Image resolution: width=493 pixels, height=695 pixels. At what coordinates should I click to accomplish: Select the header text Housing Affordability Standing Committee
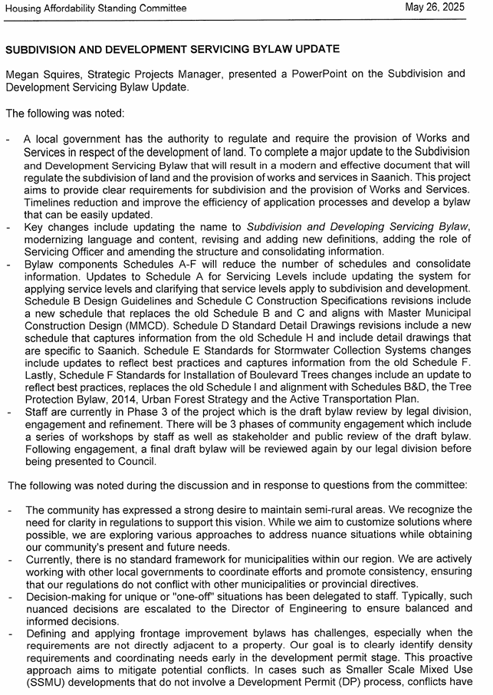click(96, 8)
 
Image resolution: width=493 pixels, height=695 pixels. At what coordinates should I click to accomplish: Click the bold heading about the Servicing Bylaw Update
click(173, 50)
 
